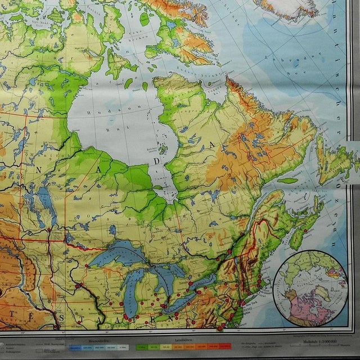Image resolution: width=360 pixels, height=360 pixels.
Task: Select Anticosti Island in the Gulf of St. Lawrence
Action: [287, 181]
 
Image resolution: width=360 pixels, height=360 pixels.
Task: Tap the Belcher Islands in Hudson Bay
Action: [163, 150]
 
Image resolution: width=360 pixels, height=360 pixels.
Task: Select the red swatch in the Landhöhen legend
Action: [224, 345]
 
